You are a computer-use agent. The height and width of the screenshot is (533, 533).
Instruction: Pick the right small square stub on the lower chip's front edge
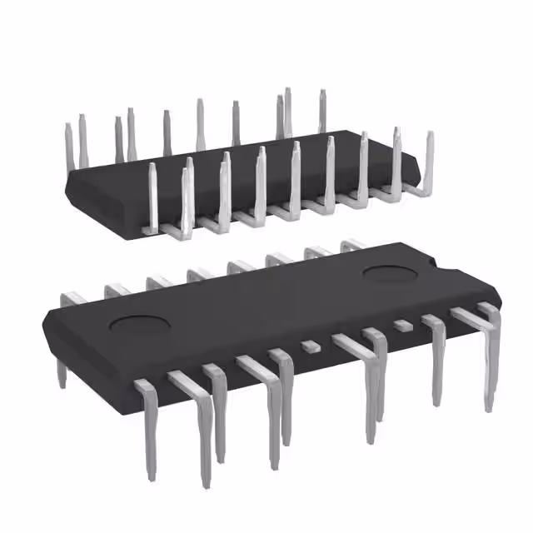point(403,325)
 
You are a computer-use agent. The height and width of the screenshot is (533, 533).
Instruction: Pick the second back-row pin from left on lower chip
point(116,289)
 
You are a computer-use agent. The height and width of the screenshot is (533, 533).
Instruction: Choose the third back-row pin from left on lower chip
point(157,281)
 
